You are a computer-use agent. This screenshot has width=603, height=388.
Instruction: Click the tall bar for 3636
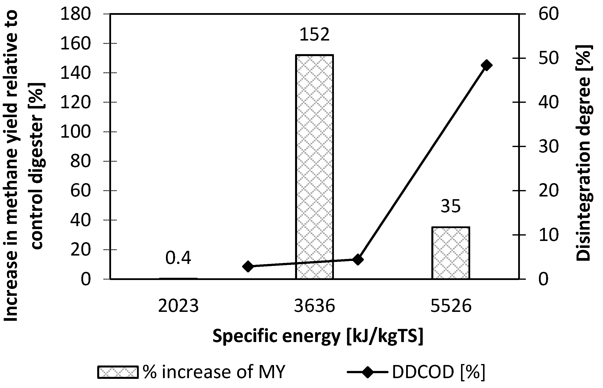click(314, 166)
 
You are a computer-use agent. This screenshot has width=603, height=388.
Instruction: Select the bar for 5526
click(450, 253)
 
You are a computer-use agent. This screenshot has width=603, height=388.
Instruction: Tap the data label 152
click(314, 35)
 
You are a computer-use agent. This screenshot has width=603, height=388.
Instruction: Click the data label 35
click(450, 206)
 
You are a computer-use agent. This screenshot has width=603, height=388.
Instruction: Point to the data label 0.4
click(178, 258)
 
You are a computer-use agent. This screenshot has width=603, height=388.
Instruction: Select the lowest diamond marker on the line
click(248, 267)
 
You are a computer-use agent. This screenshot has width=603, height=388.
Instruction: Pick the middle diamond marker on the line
click(358, 260)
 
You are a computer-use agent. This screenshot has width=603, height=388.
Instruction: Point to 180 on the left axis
click(75, 14)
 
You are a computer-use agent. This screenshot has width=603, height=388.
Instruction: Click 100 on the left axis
click(75, 132)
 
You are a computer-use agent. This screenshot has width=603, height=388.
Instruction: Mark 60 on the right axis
click(549, 14)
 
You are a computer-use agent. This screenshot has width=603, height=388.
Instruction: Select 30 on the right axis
click(549, 146)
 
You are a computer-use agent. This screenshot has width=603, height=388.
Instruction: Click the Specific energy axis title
click(318, 336)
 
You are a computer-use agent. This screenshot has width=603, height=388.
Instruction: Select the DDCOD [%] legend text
click(438, 372)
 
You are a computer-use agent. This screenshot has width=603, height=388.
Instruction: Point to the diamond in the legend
click(367, 372)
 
